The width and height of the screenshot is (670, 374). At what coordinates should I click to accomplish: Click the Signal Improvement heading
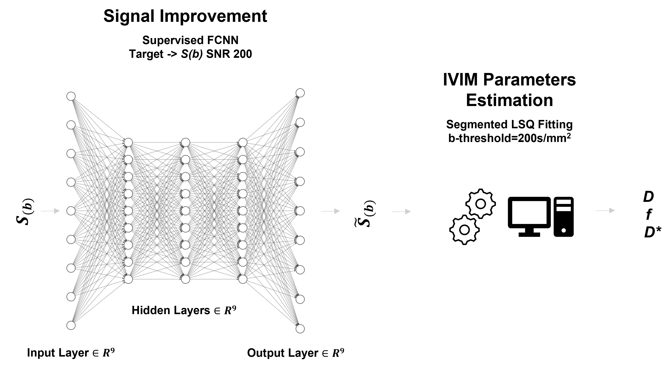185,16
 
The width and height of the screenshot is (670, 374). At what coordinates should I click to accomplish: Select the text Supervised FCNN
190,40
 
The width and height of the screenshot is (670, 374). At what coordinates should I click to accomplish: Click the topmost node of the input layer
71,96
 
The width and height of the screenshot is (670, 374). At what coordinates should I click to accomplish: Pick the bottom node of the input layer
71,325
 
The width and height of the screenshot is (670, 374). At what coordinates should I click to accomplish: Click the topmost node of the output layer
300,93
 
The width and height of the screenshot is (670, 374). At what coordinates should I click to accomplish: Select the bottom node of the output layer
300,329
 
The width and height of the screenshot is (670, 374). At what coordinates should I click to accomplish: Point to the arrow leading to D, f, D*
605,210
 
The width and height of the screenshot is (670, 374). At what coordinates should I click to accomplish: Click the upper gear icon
480,204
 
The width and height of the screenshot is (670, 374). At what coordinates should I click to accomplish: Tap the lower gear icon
464,230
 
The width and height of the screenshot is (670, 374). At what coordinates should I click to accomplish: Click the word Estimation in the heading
509,100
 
